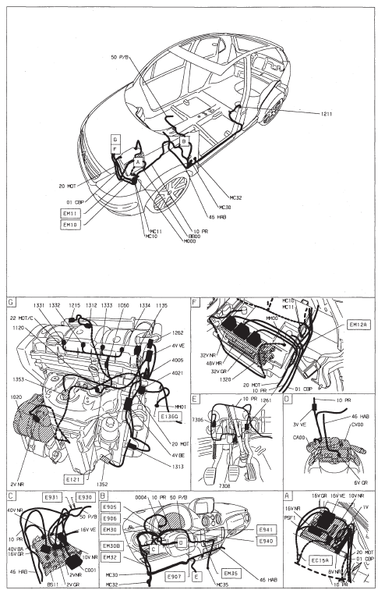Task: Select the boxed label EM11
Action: (71, 212)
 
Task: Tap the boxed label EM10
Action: (71, 224)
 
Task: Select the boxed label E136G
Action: (169, 417)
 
